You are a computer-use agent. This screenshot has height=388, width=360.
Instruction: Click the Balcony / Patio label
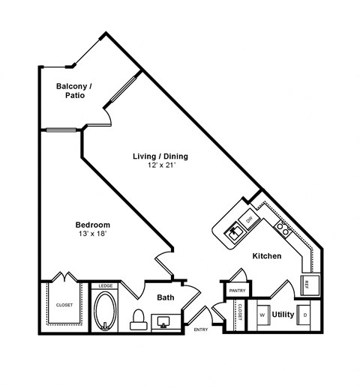[x=74, y=91]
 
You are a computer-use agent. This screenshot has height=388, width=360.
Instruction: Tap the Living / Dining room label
[x=160, y=157]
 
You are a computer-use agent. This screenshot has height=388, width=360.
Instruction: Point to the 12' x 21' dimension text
[x=160, y=166]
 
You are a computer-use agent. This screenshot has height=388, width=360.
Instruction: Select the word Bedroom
[x=93, y=225]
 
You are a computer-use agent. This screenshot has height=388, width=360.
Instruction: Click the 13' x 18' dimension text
[x=93, y=234]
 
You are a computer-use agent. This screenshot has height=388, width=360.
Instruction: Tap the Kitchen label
[x=266, y=256]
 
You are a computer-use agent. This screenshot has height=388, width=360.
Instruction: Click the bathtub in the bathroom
[x=104, y=310]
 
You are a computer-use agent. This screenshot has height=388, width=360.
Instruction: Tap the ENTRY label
[x=201, y=330]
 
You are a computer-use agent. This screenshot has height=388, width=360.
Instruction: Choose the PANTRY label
[x=237, y=290]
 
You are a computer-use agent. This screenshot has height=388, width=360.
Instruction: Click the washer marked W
[x=262, y=315]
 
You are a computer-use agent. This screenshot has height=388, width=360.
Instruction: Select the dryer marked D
[x=304, y=315]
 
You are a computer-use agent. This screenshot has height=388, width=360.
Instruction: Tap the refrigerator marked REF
[x=307, y=284]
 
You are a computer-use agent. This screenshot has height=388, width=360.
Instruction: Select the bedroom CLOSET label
[x=64, y=305]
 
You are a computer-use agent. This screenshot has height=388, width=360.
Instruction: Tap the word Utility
[x=283, y=315]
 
